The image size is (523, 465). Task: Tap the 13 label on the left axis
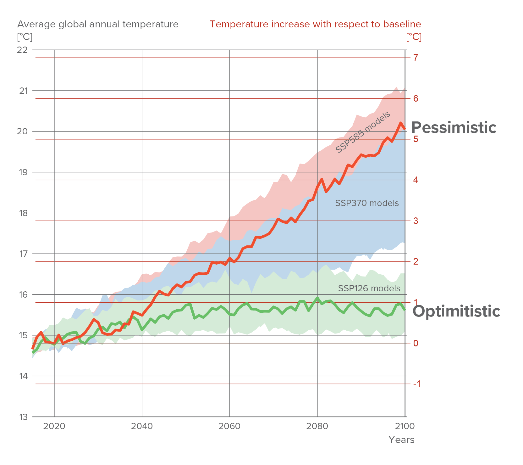[23, 417]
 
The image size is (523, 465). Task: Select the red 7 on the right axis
[416, 58]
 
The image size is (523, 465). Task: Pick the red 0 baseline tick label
[416, 343]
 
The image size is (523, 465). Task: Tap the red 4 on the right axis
[416, 180]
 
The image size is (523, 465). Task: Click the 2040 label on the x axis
[142, 427]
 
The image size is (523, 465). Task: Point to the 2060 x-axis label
[230, 427]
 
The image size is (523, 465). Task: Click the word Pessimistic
[454, 128]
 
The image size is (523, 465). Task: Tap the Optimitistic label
[456, 311]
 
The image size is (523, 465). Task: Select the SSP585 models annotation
[363, 132]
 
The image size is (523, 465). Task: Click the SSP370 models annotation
[367, 203]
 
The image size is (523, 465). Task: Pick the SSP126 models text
[369, 289]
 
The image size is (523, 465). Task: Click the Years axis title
[401, 440]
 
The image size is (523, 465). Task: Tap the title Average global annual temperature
[98, 24]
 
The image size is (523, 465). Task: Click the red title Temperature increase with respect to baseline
[315, 24]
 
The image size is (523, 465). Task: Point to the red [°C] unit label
[414, 37]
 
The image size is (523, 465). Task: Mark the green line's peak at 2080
[317, 298]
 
